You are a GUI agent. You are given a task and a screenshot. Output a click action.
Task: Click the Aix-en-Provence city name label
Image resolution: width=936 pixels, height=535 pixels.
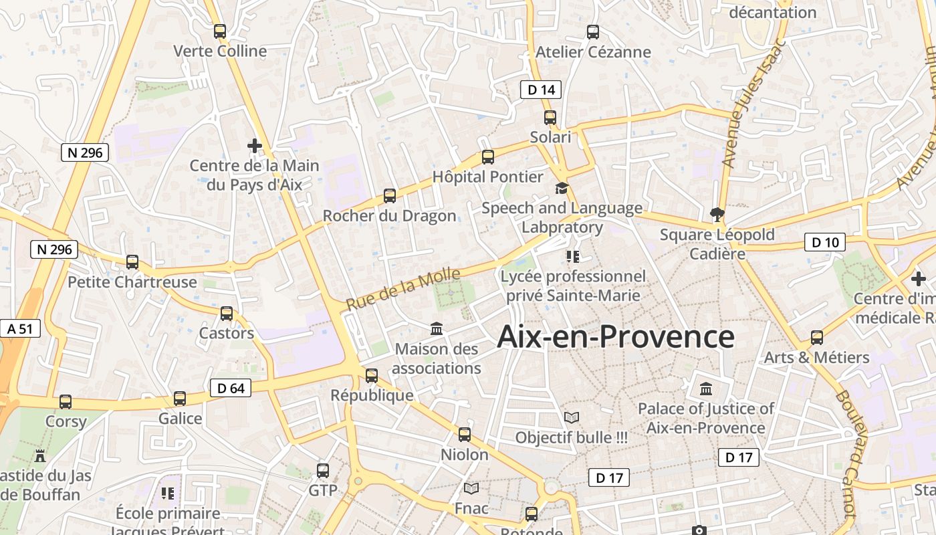point(616,337)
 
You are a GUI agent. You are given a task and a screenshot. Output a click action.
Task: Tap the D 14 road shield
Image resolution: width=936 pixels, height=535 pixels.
point(540,89)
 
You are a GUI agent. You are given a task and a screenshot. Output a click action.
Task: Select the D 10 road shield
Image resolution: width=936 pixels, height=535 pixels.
point(824,242)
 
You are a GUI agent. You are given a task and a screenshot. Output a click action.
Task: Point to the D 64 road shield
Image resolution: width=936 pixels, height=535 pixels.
point(231,388)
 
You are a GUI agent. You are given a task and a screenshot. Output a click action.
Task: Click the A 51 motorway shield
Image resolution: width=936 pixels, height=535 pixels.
point(20,328)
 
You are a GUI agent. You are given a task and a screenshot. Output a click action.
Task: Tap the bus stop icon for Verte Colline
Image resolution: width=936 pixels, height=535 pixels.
point(220,31)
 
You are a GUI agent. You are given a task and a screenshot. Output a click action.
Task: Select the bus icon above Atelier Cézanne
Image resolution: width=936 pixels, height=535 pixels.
point(592,31)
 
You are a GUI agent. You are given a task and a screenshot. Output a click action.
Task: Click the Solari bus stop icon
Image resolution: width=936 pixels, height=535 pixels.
point(550,118)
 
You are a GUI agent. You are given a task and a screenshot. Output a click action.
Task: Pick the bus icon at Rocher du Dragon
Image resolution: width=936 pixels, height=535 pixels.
point(390,196)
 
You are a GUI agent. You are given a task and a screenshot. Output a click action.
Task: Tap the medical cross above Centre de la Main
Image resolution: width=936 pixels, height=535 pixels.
point(254,145)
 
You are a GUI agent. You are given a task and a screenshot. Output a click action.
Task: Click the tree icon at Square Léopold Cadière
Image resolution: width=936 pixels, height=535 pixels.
point(717,215)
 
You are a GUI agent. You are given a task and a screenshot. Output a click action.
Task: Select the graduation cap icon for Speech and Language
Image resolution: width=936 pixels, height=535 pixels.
point(562,189)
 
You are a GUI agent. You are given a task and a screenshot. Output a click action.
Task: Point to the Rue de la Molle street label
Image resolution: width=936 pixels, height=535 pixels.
point(404,289)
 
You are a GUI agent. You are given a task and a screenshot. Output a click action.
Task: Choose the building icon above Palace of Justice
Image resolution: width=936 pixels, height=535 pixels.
point(705,389)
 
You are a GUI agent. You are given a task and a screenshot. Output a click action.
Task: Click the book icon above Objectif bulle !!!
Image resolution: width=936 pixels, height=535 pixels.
point(571,418)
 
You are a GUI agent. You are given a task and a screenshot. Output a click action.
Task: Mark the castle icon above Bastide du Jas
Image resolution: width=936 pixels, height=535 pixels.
point(40,456)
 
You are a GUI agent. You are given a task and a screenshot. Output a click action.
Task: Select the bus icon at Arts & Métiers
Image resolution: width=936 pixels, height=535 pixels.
point(817,337)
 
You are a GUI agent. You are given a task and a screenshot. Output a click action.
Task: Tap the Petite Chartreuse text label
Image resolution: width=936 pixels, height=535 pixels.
point(132,282)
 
